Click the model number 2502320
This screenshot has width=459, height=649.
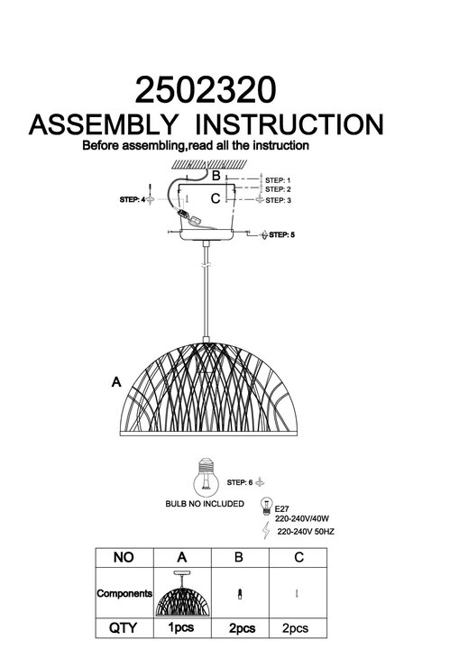coord(206,90)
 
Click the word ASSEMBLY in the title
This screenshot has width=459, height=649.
coord(103,124)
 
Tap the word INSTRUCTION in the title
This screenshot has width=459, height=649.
coord(289,124)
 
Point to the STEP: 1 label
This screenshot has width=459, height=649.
coord(278,180)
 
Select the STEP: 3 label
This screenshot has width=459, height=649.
coord(278,200)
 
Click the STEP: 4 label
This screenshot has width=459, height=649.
coord(133,199)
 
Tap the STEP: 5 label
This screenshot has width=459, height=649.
coord(282,234)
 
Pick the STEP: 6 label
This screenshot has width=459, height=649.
coord(240,482)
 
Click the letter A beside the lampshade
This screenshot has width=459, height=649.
coord(116,381)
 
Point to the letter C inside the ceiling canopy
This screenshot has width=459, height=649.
coord(216,198)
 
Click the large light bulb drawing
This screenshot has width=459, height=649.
coord(206,478)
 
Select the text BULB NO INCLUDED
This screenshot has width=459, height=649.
coord(205,504)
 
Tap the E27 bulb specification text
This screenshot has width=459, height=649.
coord(282,509)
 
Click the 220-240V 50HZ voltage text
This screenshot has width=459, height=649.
coord(306,532)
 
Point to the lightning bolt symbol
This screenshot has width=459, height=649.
coord(266,530)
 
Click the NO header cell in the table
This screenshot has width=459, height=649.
coord(124,557)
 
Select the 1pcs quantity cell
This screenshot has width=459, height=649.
coord(181,628)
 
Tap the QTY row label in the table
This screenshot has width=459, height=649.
coord(123,628)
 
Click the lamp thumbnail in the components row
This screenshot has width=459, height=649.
coord(183,593)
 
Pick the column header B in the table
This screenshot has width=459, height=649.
coord(239,557)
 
